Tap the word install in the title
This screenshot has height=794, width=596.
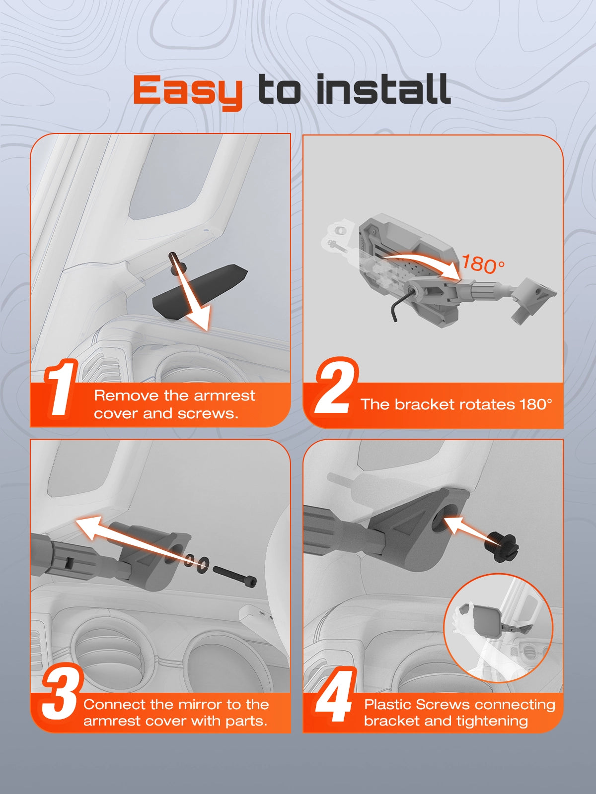[x=383, y=89]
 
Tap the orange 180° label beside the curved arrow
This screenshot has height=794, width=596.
[x=483, y=264]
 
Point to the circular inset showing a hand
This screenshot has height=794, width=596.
[x=498, y=628]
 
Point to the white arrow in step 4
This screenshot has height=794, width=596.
[x=465, y=528]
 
